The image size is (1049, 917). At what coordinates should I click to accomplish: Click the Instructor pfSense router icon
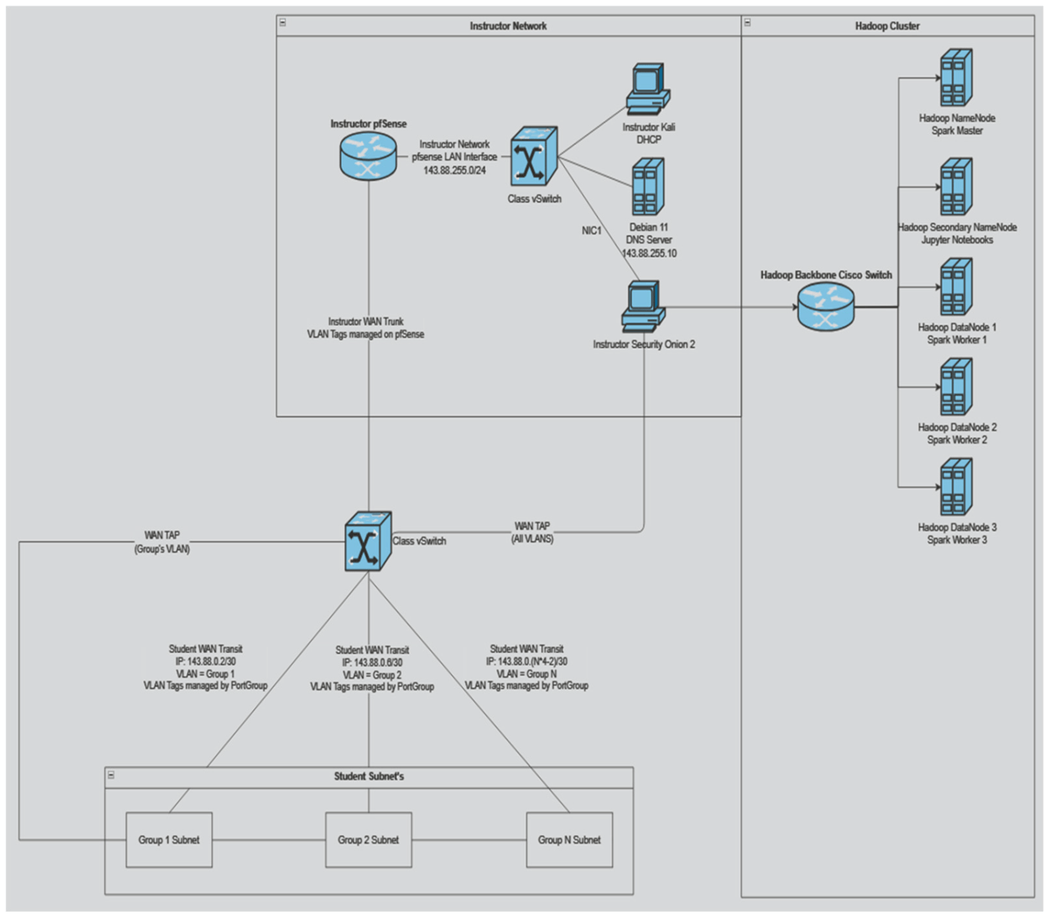point(368,156)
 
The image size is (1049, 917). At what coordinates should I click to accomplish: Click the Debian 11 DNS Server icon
point(648,187)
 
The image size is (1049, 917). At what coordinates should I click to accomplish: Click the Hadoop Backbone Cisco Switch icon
point(825,306)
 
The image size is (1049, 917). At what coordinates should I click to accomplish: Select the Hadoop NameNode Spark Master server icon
point(956,79)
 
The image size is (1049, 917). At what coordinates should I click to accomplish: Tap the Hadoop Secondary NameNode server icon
point(956,188)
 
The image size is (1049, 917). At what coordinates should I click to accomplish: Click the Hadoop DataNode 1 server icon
point(956,288)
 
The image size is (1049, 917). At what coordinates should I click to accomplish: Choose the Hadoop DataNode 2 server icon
point(956,388)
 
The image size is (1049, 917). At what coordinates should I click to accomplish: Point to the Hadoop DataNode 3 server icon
point(956,488)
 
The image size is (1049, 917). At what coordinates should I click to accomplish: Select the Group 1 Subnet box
point(169,839)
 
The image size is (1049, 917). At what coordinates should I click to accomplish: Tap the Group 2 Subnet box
point(368,839)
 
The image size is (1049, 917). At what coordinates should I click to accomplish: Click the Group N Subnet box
point(569,839)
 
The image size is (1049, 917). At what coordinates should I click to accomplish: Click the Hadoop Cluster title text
point(887,26)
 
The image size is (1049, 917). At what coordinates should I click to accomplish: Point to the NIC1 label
point(592,231)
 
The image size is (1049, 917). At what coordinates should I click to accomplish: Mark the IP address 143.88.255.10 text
point(649,254)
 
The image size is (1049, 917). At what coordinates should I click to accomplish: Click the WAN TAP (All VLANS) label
point(532,532)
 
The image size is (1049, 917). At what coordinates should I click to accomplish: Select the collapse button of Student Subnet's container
point(111,775)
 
